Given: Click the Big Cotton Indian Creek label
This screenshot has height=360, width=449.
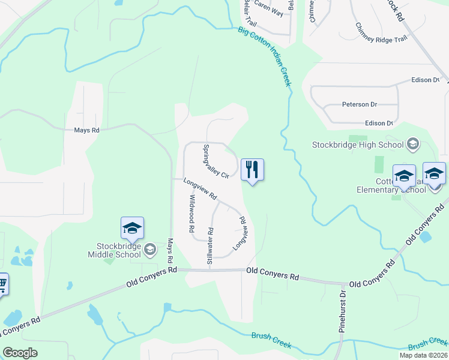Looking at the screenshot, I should (x=264, y=56).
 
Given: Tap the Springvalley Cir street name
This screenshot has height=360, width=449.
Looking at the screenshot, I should (x=217, y=161).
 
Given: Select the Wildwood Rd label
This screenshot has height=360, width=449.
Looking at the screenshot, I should (x=192, y=214).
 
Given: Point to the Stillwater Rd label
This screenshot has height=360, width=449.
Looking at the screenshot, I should (x=210, y=246).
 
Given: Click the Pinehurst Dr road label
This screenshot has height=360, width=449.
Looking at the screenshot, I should (x=343, y=311).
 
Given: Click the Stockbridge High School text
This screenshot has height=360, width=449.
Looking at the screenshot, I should (x=358, y=145).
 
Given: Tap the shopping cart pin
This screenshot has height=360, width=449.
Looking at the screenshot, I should (x=2, y=284).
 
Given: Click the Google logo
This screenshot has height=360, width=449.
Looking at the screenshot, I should (x=20, y=353).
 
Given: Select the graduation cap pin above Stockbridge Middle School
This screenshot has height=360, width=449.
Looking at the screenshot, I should (x=132, y=229).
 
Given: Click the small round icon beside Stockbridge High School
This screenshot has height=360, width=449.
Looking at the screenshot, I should (x=412, y=145).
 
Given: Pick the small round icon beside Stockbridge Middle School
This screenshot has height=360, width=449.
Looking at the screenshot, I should (x=151, y=250).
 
